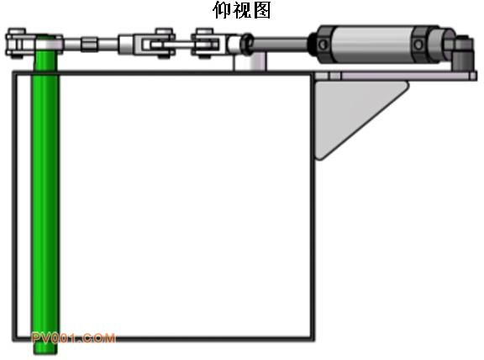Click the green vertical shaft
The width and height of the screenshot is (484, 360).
(45, 198)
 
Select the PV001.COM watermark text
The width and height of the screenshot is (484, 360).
(73, 338)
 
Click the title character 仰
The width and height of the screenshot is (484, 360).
(222, 10)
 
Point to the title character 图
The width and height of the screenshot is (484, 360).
(261, 10)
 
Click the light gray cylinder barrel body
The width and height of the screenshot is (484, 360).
(373, 45)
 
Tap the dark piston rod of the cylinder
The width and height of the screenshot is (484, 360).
(281, 44)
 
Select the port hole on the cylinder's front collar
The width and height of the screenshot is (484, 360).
(323, 45)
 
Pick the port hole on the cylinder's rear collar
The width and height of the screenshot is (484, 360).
(418, 45)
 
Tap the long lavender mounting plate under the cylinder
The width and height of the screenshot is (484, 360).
(396, 76)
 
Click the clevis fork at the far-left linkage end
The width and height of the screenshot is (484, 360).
(18, 43)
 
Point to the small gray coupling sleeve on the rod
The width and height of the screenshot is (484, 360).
(90, 44)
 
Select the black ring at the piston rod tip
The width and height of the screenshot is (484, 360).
(247, 44)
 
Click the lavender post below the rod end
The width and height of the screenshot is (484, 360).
(250, 61)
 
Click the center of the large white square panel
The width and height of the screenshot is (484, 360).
(164, 206)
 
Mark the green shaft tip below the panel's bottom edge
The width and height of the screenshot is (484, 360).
(45, 348)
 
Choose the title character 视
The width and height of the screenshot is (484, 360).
(241, 10)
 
